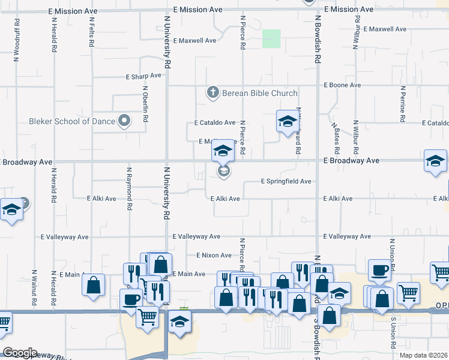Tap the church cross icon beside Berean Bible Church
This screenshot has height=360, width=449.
tap(212, 92)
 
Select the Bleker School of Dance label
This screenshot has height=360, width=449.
tap(72, 121)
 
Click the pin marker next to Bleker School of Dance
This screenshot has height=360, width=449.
tap(124, 121)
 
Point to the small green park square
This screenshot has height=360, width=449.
tap(271, 39)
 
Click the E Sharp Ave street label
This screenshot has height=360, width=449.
tap(144, 77)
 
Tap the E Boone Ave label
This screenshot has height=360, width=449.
tap(342, 85)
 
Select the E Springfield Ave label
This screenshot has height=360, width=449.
tap(286, 181)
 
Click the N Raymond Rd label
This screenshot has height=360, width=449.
tap(129, 189)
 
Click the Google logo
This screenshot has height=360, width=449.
tap(19, 353)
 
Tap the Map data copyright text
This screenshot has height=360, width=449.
tap(424, 356)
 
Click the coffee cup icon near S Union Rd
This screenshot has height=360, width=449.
tap(379, 270)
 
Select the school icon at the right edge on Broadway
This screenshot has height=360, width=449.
tap(435, 161)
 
